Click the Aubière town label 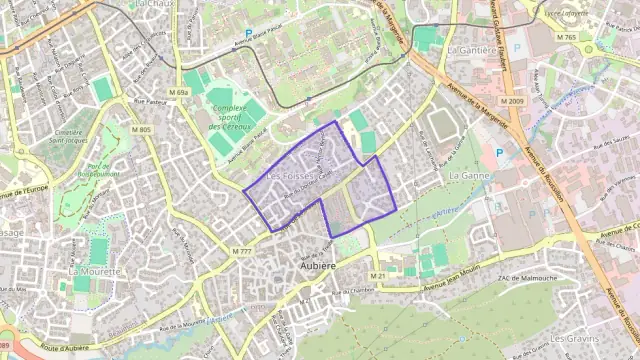pos(317,265)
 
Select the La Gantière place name pos(473,48)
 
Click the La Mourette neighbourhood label pos(93,271)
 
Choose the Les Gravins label pos(574,339)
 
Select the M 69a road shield pos(178,93)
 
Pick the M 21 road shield pos(376,276)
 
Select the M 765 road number pos(567,38)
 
